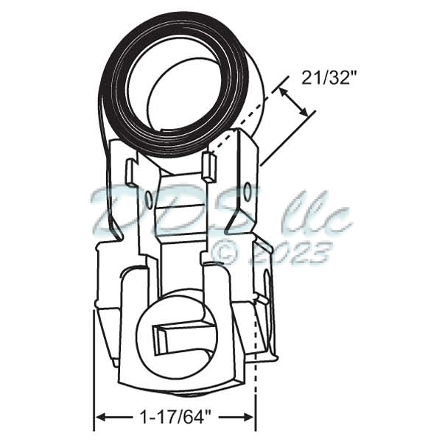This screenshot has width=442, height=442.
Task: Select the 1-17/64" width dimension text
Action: tap(175, 418)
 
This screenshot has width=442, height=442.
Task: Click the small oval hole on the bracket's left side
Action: tap(150, 197)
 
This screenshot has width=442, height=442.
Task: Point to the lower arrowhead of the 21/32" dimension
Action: tap(308, 116)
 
